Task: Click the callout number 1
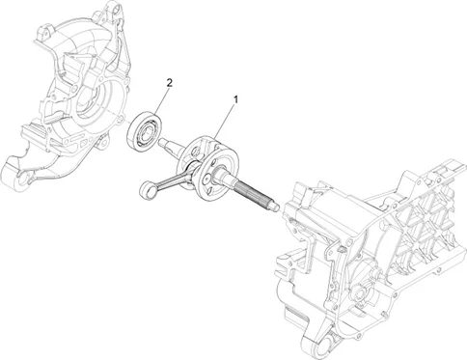tap(236, 99)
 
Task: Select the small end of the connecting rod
tap(146, 188)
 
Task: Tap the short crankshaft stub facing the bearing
tap(170, 144)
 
